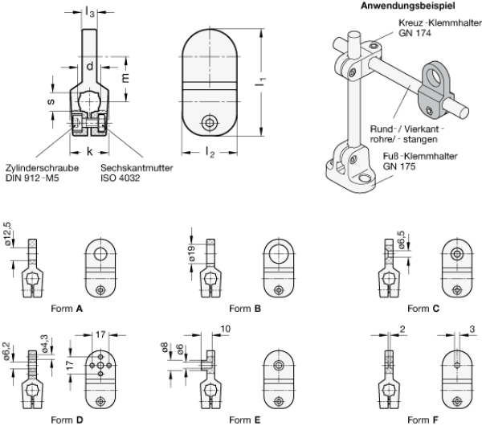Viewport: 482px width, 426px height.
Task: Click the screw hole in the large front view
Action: coord(210,121)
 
